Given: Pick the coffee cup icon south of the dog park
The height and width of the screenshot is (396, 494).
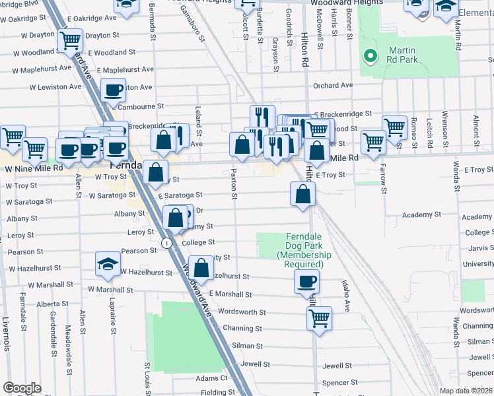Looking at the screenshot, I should pyautogui.click(x=306, y=282).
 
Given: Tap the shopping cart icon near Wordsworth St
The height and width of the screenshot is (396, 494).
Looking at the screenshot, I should pyautogui.click(x=319, y=318).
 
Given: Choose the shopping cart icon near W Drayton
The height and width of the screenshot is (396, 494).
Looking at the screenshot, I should pyautogui.click(x=69, y=40).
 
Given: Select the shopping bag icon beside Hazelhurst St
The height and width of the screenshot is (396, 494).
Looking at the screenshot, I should pyautogui.click(x=202, y=268).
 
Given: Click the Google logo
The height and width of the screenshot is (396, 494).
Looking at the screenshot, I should pyautogui.click(x=22, y=388).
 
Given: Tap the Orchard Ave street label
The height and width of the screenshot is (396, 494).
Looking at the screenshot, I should pyautogui.click(x=333, y=85).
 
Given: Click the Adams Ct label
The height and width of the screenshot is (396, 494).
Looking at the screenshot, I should pyautogui.click(x=211, y=378).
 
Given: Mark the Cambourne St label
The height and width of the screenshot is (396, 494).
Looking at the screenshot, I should pyautogui.click(x=140, y=106).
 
